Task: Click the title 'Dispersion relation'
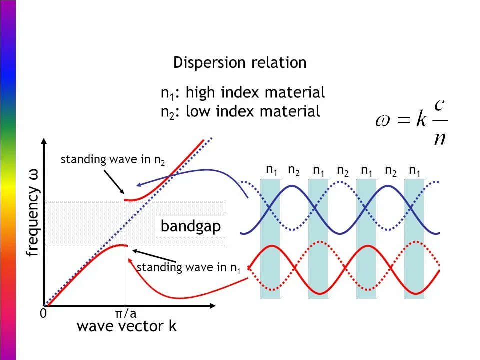(240, 63)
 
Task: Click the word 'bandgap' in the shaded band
(191, 227)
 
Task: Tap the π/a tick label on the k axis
(126, 313)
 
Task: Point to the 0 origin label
(43, 314)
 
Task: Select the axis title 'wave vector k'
(127, 327)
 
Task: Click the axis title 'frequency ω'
(33, 213)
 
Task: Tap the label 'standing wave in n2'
(113, 160)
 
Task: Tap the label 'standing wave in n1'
(189, 268)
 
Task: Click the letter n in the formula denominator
(439, 136)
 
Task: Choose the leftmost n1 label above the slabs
(272, 170)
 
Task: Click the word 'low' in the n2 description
(197, 112)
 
